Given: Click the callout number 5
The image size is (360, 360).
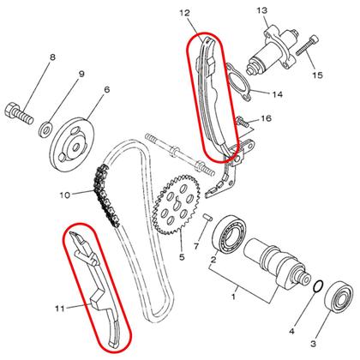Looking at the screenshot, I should (181, 256).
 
